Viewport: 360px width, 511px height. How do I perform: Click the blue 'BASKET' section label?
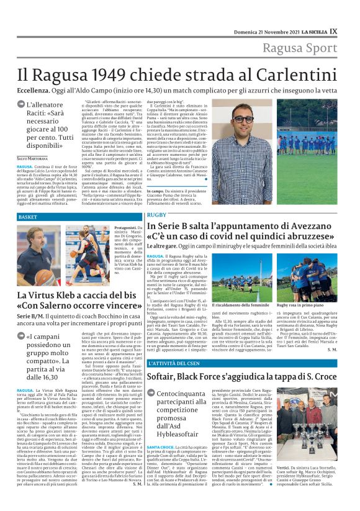pos(28,217)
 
